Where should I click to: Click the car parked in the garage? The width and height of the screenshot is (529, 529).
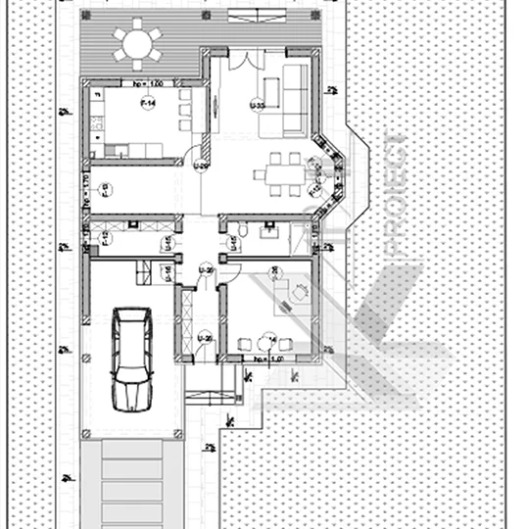pyautogui.click(x=131, y=359)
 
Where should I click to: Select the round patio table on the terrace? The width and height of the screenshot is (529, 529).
pyautogui.click(x=137, y=43)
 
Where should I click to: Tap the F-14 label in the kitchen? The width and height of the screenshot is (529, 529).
pyautogui.click(x=148, y=105)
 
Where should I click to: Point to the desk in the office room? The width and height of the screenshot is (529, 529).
pyautogui.click(x=293, y=293)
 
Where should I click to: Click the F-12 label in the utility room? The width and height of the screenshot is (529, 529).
pyautogui.click(x=106, y=238)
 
